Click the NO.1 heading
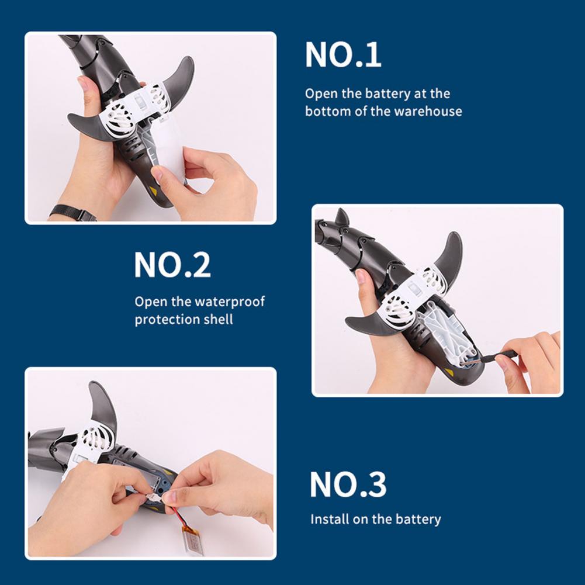(343, 55)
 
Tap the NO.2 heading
(172, 265)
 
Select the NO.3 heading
(348, 484)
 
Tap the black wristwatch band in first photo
(72, 212)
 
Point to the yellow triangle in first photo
(153, 191)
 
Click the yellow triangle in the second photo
(449, 372)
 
